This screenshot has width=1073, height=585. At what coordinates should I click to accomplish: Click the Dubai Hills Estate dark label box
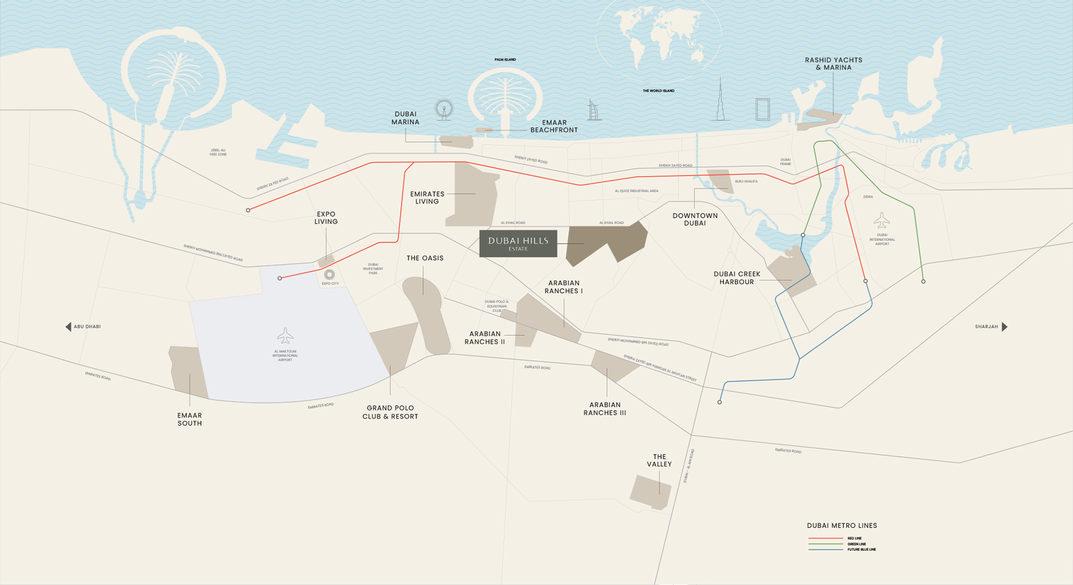pos(518,243)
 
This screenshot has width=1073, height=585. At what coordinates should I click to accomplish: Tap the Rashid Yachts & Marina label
pos(833,64)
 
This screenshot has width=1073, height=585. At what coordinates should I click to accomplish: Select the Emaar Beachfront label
pos(554,126)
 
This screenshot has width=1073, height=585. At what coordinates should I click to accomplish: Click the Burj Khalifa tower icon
pos(720,100)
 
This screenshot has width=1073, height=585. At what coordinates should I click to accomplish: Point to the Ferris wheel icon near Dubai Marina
pos(444,109)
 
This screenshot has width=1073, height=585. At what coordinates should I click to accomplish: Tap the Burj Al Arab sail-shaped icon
pos(594,110)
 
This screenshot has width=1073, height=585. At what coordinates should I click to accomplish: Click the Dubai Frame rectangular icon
pos(762,109)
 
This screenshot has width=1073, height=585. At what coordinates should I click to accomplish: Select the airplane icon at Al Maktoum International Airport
pos(285,336)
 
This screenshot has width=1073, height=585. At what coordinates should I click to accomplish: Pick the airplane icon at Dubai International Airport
pos(882,220)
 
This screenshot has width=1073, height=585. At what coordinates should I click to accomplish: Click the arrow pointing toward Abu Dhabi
pos(68,327)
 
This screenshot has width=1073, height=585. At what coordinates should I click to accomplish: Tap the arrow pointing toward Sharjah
pos(1004,327)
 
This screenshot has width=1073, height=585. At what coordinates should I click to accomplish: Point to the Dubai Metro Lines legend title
pos(842,525)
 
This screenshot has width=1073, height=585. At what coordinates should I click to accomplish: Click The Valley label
pos(659,460)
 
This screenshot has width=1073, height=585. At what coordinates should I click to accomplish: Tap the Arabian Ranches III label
pos(605,408)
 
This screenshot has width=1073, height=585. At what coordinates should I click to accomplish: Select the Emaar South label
pos(190,419)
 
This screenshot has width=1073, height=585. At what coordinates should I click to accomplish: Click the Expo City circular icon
pos(329,275)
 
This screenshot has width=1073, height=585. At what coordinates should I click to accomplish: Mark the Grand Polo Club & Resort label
pos(390,412)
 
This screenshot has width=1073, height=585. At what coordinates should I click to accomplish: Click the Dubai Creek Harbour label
pos(736,278)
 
